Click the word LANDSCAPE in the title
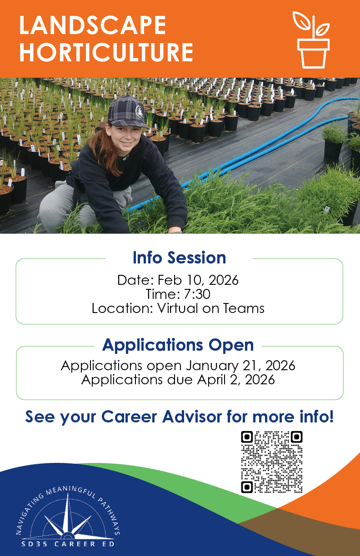pos(92,25)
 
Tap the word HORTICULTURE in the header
pos(106,52)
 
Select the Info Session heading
pos(180,258)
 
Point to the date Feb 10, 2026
pos(198,280)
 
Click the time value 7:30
pos(197,294)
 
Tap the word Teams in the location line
pos(244,308)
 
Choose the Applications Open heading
pos(178,345)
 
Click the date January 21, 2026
pos(240,366)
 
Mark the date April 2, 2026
pos(236,380)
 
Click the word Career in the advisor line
pos(129,417)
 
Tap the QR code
pos(272,462)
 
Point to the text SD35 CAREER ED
pos(68,544)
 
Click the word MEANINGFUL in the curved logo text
pos(71,491)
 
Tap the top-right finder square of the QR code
pos(296,437)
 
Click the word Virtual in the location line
pos(178,308)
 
